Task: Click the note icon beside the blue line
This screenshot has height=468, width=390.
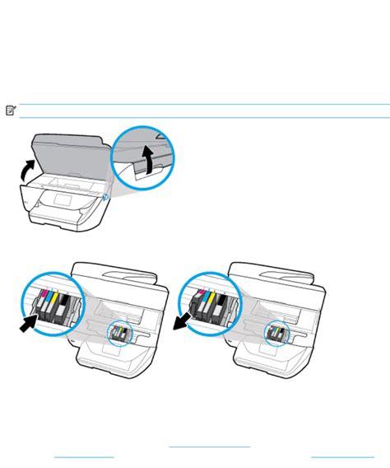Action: tap(11, 110)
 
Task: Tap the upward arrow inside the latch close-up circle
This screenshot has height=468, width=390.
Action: tap(148, 160)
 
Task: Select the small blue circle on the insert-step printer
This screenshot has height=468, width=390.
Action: tap(122, 333)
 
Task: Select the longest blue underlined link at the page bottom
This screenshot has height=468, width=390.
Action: tap(209, 447)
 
